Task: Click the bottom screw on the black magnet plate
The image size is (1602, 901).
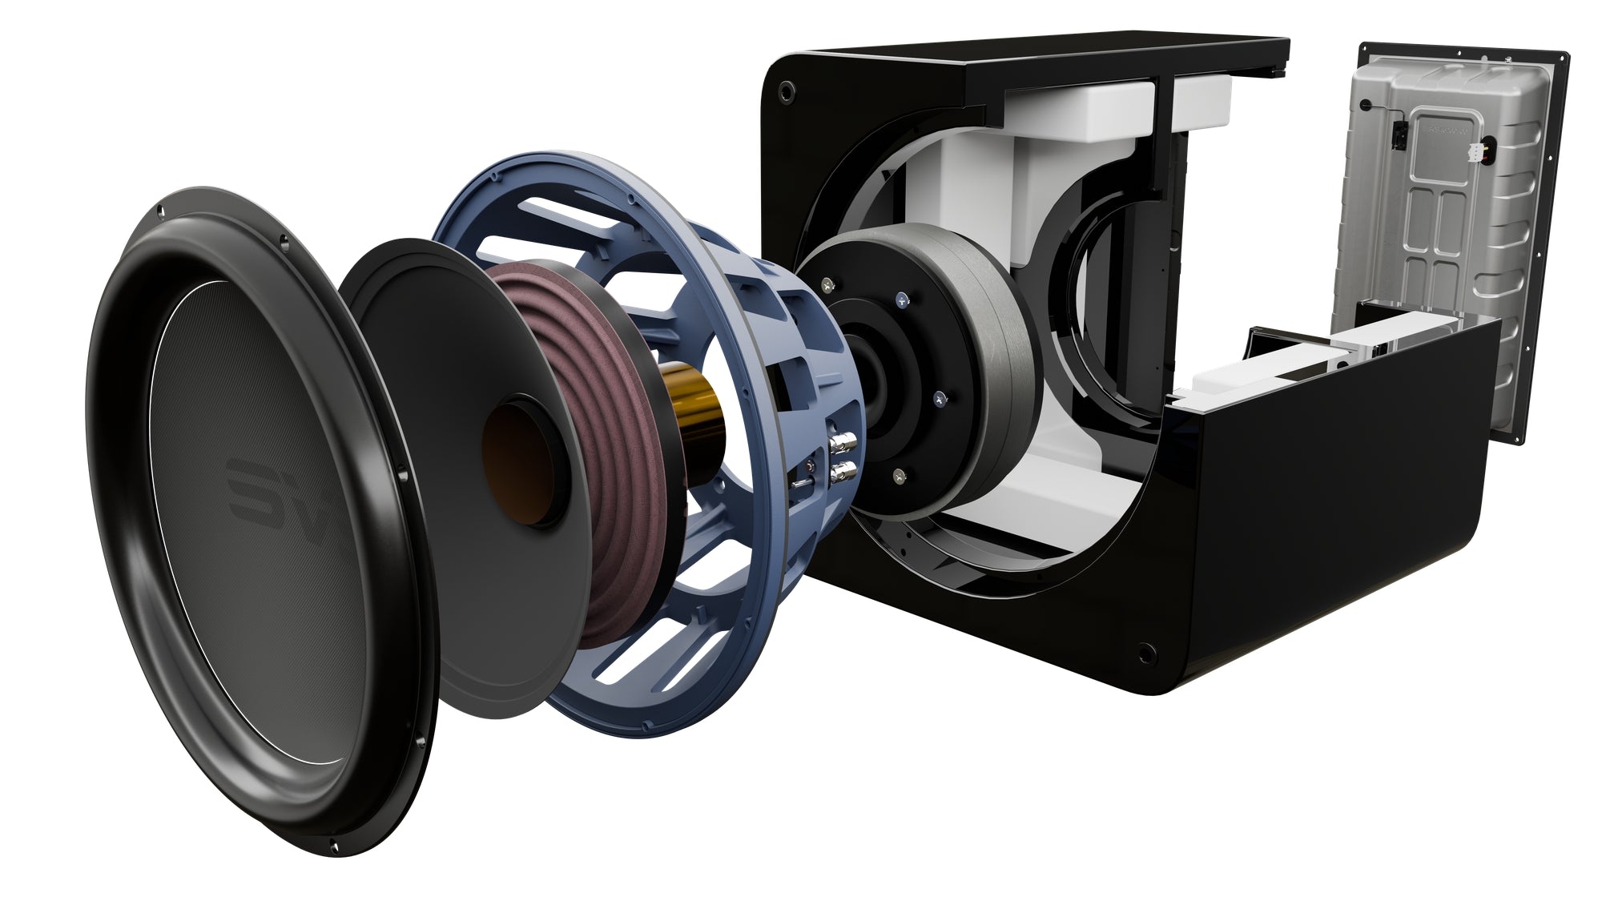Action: tap(900, 474)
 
